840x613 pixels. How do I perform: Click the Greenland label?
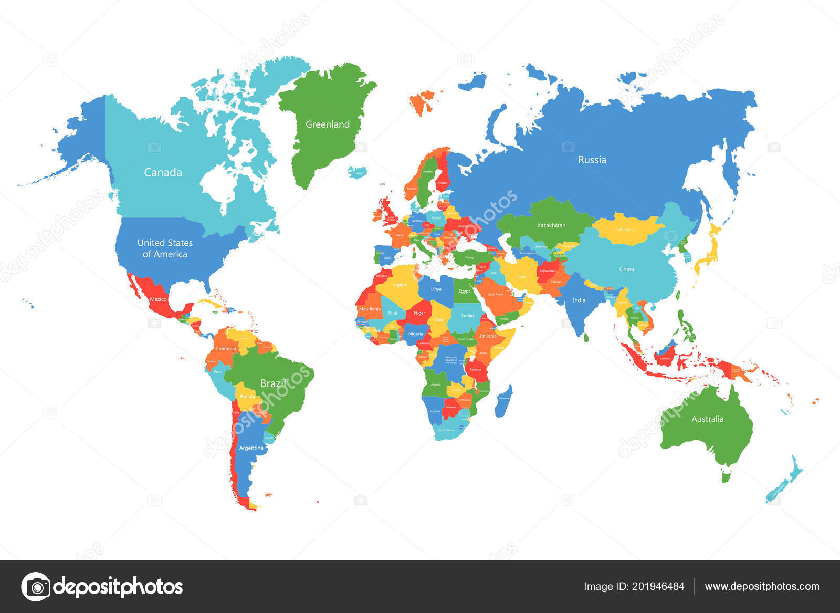click(327, 124)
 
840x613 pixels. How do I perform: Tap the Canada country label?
click(163, 172)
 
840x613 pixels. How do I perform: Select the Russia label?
click(592, 160)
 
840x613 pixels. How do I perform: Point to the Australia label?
click(707, 419)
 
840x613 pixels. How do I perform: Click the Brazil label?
click(273, 383)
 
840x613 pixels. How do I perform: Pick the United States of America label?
click(165, 248)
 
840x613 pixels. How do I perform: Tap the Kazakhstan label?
click(551, 225)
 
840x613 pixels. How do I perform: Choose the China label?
click(626, 269)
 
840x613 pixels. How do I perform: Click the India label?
click(579, 300)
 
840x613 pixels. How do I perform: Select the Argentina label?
click(251, 448)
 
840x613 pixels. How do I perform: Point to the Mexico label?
click(158, 299)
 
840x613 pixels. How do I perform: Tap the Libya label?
click(436, 289)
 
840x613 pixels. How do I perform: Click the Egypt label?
click(464, 291)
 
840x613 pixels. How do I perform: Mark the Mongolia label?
click(625, 230)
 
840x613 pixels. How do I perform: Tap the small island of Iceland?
click(358, 172)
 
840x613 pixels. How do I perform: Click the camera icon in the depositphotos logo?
click(36, 586)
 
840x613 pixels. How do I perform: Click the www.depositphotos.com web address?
click(762, 586)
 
